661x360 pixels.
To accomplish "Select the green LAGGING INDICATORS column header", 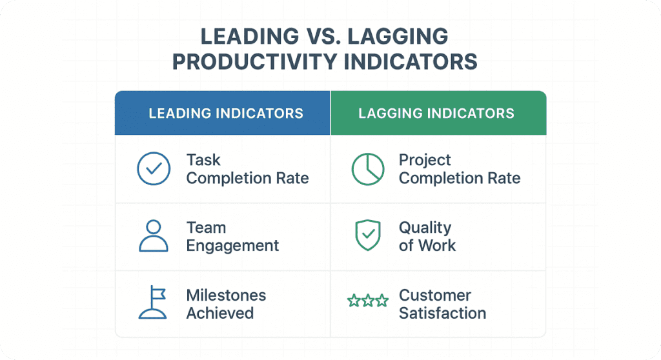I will [x=436, y=114].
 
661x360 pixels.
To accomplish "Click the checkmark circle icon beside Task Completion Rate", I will [x=154, y=169].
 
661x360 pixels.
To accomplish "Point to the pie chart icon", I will [x=367, y=169].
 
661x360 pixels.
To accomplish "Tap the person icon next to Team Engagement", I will [x=154, y=236].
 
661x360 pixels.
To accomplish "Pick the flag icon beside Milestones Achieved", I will [x=154, y=303].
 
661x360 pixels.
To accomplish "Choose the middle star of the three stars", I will [x=367, y=301].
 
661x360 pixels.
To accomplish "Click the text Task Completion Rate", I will [x=247, y=169].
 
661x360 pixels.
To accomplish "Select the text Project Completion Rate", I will [x=459, y=169].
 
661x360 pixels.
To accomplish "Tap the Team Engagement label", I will [x=232, y=236].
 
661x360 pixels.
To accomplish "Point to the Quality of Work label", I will [x=427, y=236].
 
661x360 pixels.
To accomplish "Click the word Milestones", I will [x=226, y=295].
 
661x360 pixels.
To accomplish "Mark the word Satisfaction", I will [x=442, y=314].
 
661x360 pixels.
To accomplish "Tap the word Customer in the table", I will [x=434, y=295].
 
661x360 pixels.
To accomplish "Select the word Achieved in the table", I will [x=219, y=314].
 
